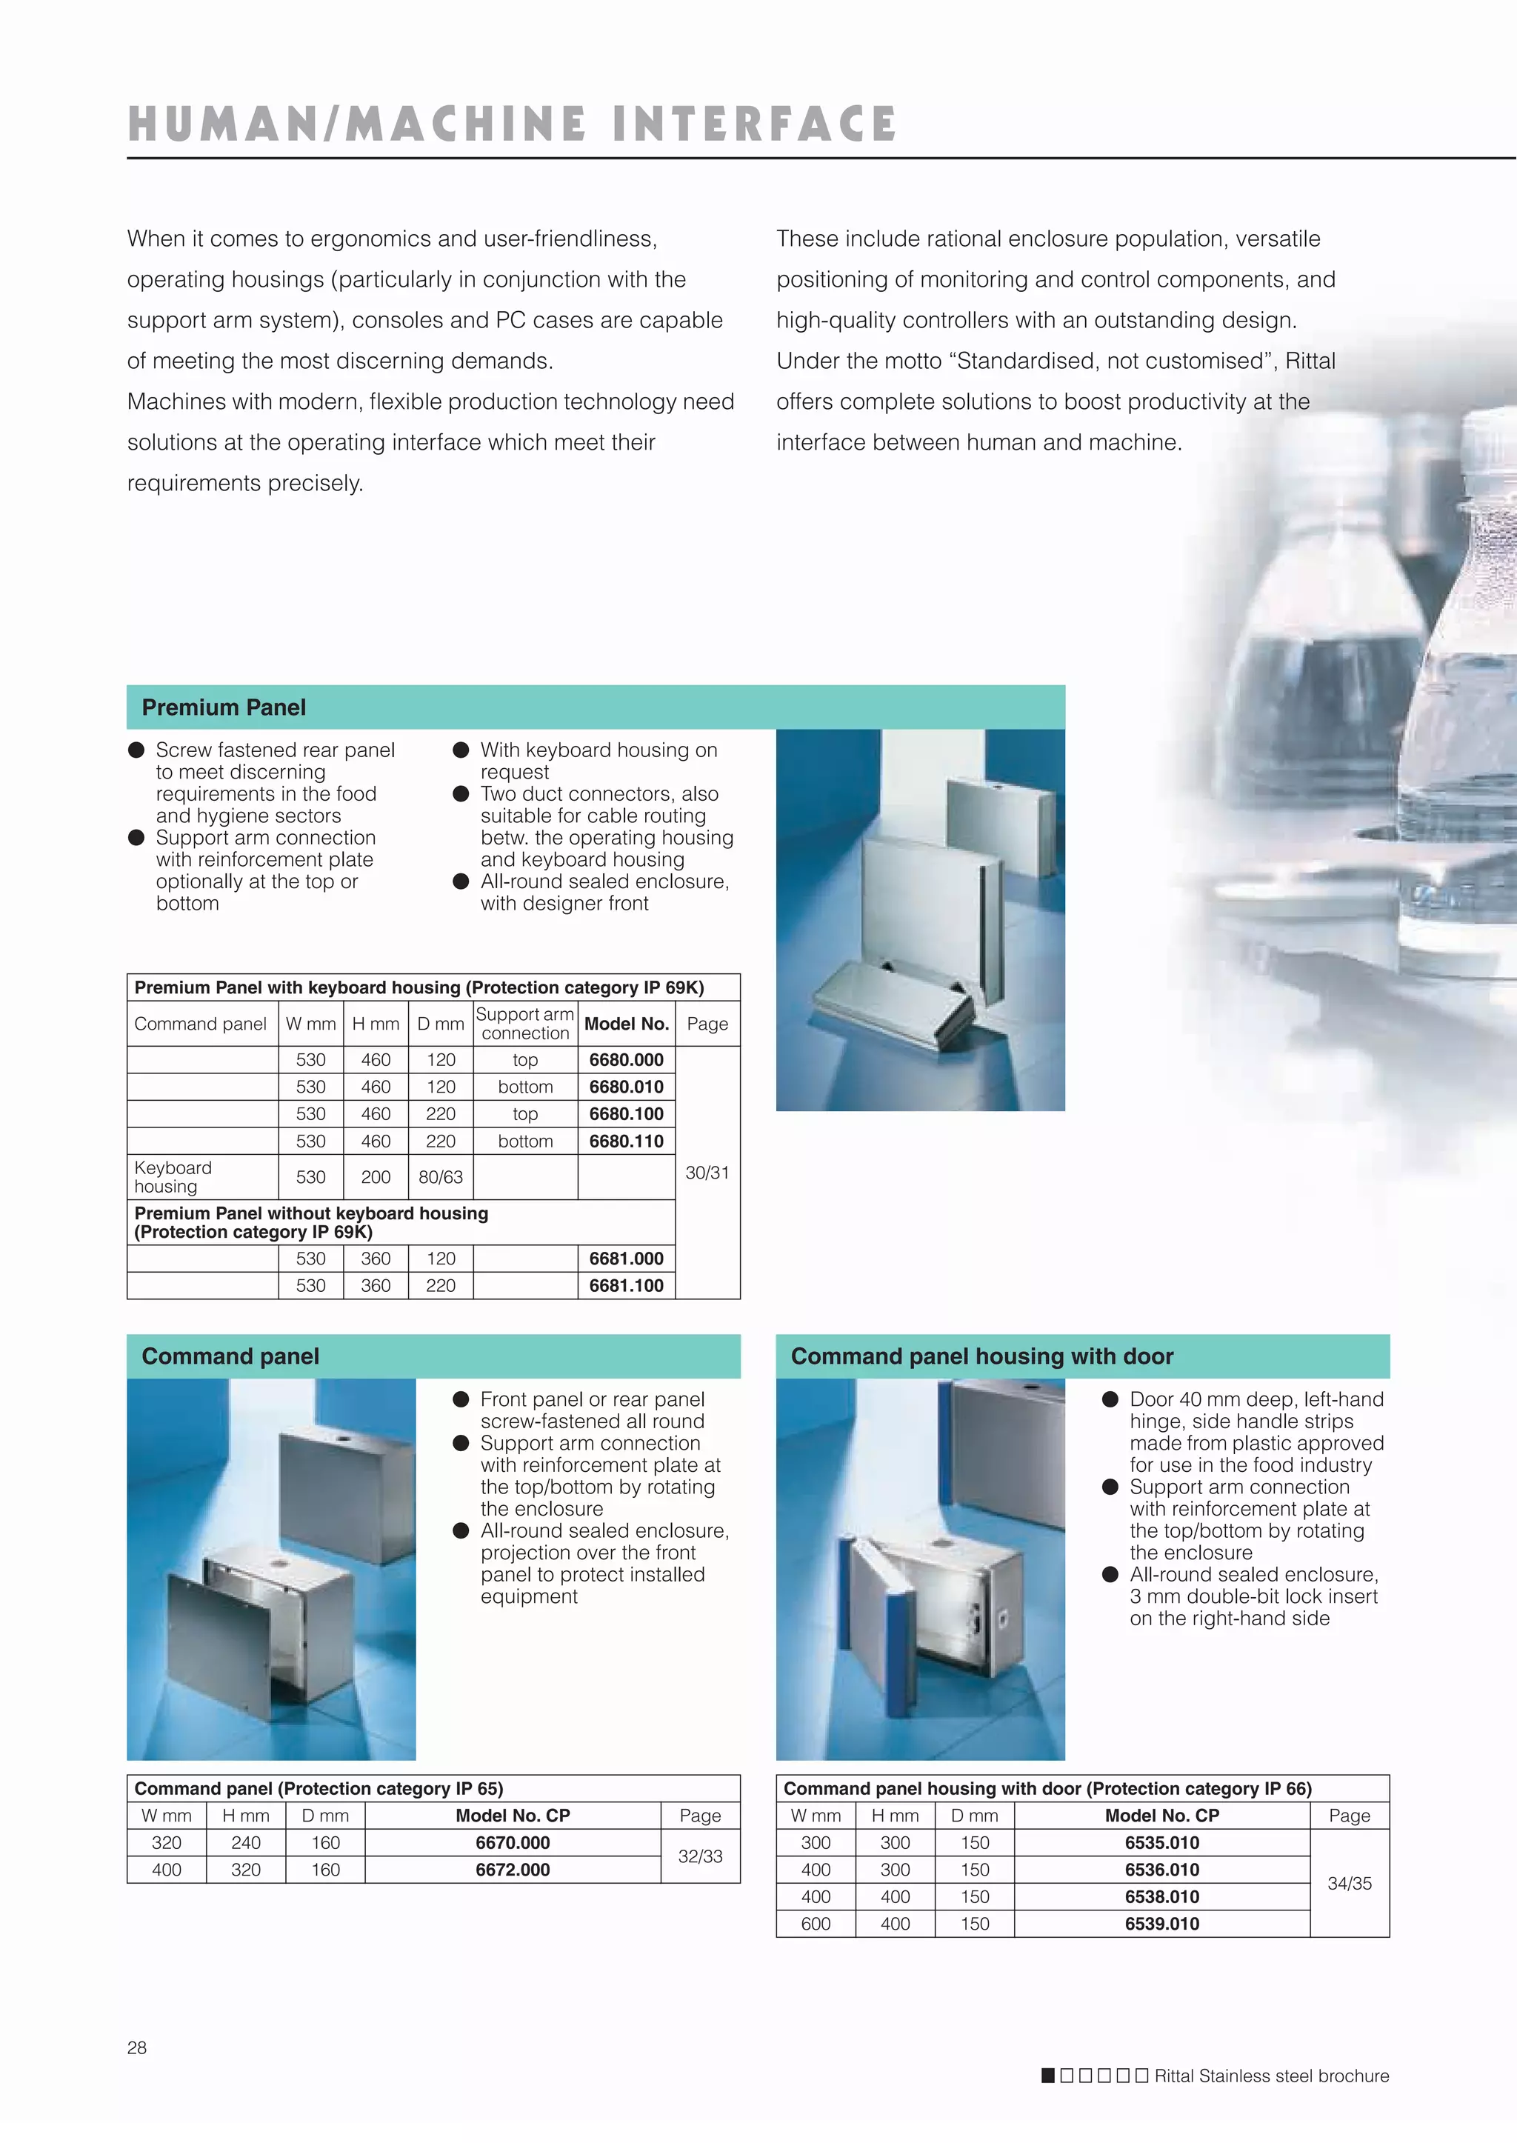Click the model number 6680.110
626,1141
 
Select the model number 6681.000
626,1259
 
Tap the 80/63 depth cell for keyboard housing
440,1177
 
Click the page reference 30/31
707,1173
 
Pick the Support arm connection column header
525,1024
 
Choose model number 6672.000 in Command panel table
513,1869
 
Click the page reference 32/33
700,1856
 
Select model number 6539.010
1161,1924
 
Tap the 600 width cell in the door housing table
816,1924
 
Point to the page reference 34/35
1349,1883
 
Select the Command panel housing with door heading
981,1356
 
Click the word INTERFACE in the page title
755,124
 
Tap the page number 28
136,2047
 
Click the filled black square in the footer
1048,2076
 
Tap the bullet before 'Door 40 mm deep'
1110,1399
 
